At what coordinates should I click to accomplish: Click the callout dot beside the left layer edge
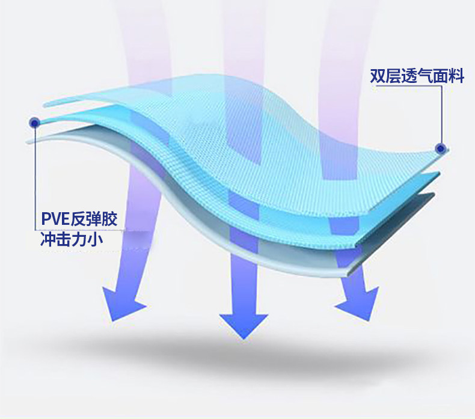pos(34,123)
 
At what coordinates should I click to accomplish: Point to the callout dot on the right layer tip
pos(440,148)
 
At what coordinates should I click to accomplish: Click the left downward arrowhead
pos(124,306)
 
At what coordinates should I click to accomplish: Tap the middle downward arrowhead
pos(243,324)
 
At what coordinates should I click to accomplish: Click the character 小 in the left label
pos(95,240)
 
